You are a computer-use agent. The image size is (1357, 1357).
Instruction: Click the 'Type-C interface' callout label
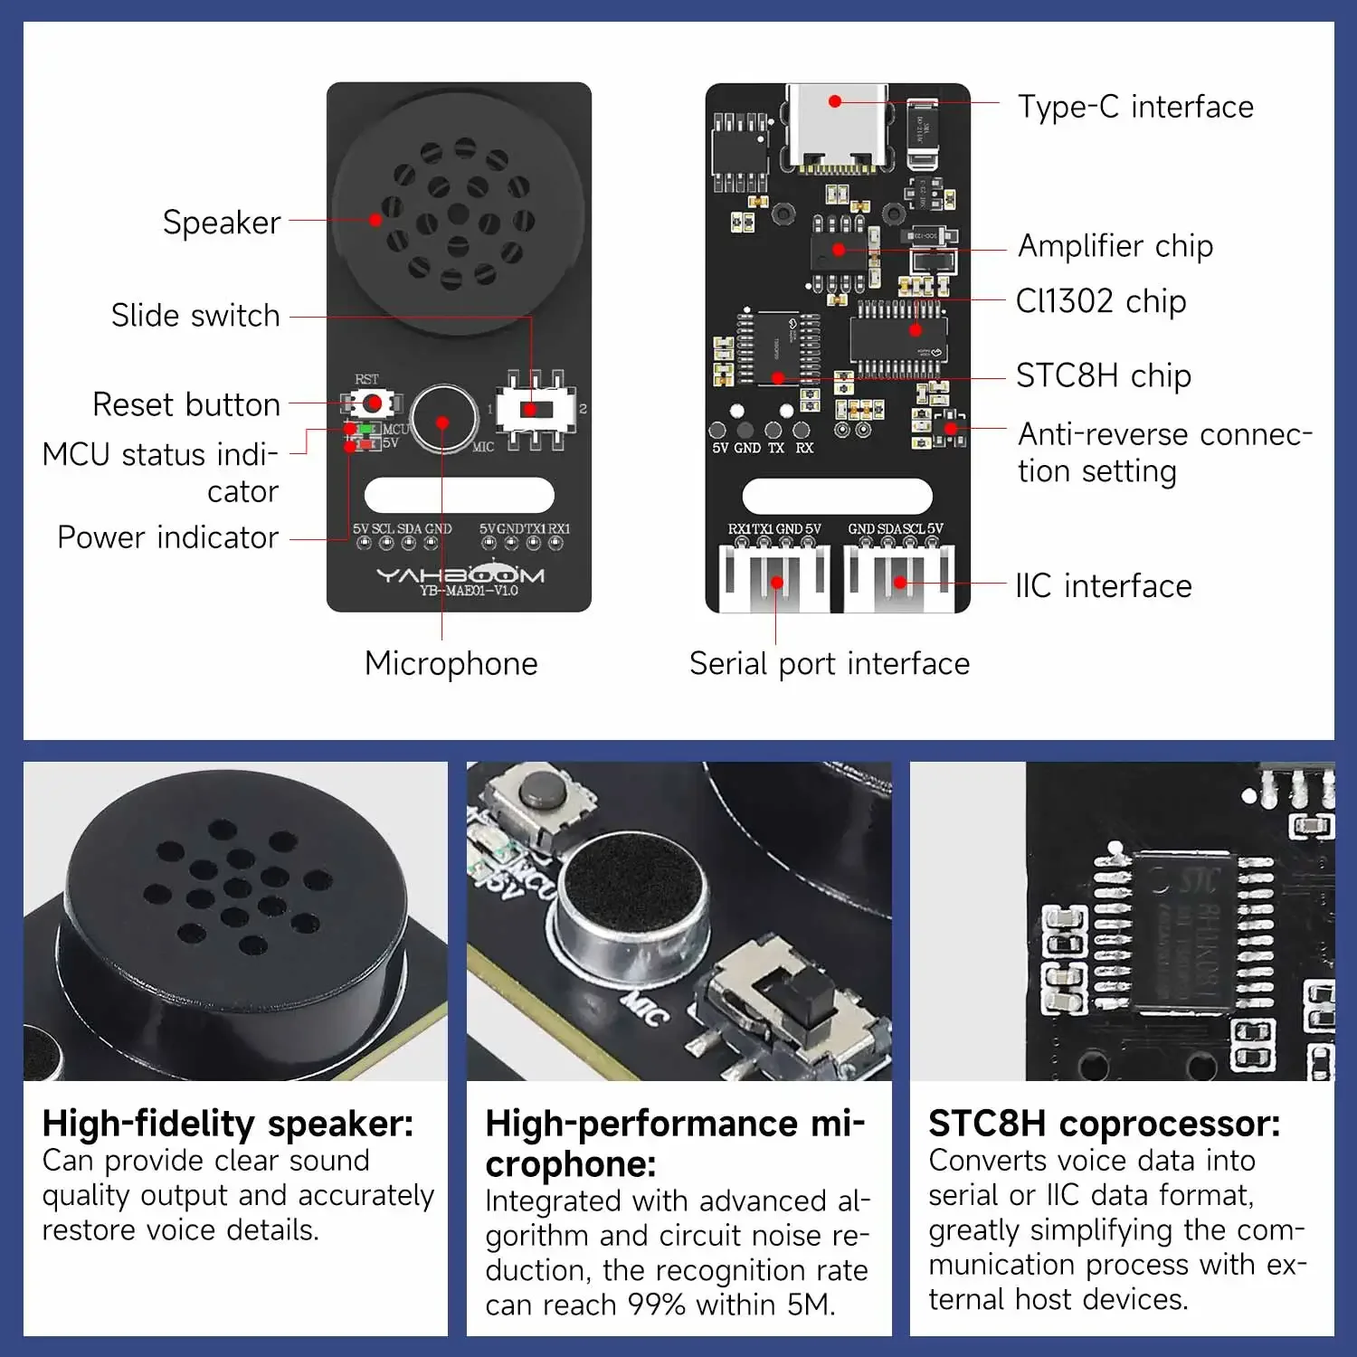(x=1135, y=107)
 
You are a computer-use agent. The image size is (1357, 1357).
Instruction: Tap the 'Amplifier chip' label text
(x=1115, y=246)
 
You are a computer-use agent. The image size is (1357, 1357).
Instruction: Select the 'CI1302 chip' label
(x=1100, y=301)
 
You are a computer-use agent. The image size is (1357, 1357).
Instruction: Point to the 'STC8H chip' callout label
(x=1103, y=375)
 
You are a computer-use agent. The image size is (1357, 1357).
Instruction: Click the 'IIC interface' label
(x=1103, y=586)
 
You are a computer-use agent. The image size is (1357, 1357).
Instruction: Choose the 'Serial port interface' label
(x=829, y=664)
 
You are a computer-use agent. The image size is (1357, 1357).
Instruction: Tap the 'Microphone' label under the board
(x=451, y=664)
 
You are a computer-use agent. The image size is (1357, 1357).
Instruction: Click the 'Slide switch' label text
(x=195, y=316)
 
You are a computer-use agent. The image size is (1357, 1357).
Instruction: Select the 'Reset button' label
(x=186, y=404)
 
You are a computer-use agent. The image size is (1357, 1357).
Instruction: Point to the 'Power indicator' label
(x=168, y=537)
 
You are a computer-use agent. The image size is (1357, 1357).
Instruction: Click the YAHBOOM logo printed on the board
(x=460, y=574)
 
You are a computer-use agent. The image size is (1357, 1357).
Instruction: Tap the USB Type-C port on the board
(x=836, y=127)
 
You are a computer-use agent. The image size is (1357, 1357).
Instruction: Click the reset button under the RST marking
(x=371, y=403)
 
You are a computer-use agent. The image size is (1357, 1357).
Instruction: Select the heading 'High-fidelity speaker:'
(x=228, y=1124)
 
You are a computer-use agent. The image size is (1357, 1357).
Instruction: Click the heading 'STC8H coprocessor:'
(x=1104, y=1124)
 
